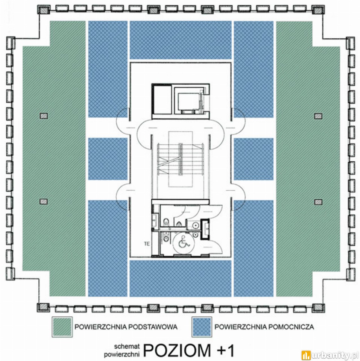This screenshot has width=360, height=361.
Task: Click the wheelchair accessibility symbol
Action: pos(184,242)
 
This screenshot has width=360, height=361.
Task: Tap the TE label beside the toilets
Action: pos(147,244)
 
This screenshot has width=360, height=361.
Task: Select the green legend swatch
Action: pos(62,327)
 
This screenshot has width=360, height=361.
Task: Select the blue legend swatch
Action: pos(202,327)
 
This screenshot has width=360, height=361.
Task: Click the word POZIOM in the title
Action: pos(177,350)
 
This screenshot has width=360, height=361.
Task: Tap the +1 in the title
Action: pos(226,350)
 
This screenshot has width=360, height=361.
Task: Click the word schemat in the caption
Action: pos(127,346)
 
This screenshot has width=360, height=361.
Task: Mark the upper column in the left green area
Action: pos(44,115)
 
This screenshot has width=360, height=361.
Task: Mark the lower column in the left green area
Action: pos(44,202)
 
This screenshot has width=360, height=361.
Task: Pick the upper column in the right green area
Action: pos(318,116)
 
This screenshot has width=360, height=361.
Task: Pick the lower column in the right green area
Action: pos(318,202)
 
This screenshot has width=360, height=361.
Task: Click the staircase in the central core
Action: pos(181,159)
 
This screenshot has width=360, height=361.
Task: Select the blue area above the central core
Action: pos(181,40)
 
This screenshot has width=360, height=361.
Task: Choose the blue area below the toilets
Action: pos(181,278)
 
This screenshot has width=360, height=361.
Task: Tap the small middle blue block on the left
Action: pos(108,159)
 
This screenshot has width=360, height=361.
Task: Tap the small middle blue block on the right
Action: pos(254,159)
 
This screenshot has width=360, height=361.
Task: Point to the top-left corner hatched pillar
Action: pos(44,10)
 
